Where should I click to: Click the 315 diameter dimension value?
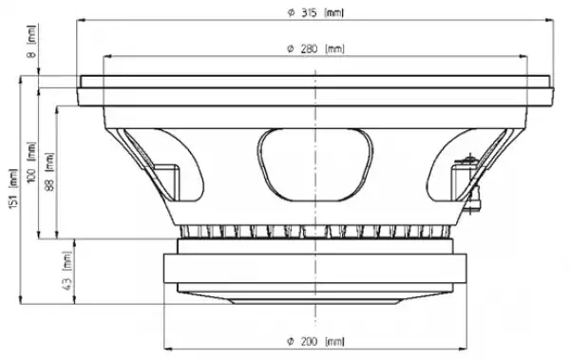tap(309, 12)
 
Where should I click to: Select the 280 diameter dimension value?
tap(310, 48)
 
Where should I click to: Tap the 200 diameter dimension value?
tap(310, 341)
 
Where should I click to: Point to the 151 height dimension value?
tap(13, 199)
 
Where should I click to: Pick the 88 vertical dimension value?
tap(49, 184)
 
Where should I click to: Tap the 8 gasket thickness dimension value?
tap(32, 54)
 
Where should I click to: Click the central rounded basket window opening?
tap(315, 164)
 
